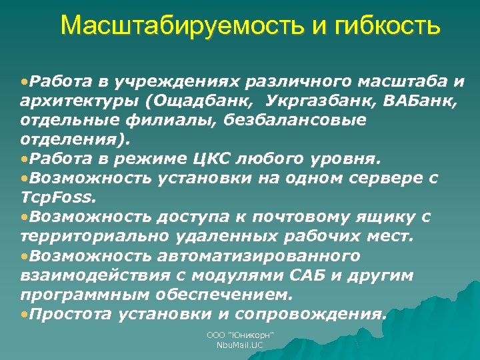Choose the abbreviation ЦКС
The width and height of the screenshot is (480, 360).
[x=211, y=159]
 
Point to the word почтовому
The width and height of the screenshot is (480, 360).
[x=294, y=217]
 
